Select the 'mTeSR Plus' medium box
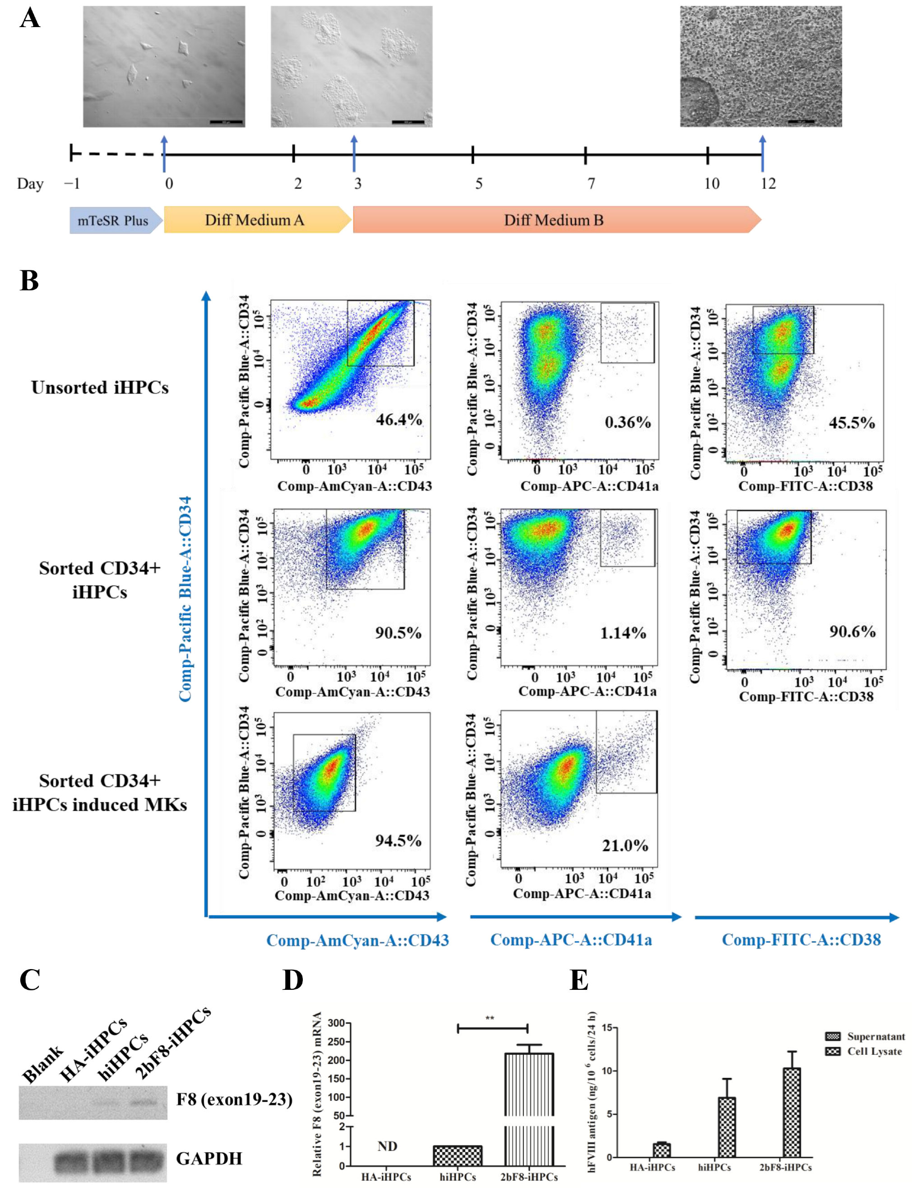113,220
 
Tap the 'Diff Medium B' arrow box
554,220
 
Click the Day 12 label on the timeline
768,184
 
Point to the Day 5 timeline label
478,184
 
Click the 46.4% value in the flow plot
399,419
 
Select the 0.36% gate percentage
628,422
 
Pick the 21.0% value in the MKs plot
625,845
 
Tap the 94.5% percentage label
398,840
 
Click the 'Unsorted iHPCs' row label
100,387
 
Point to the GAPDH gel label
209,1158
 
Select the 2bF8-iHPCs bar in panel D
529,1108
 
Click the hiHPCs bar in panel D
457,1156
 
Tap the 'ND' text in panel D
387,1146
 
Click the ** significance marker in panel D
490,1018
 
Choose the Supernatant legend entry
865,1036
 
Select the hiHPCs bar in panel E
727,1127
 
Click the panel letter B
29,281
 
